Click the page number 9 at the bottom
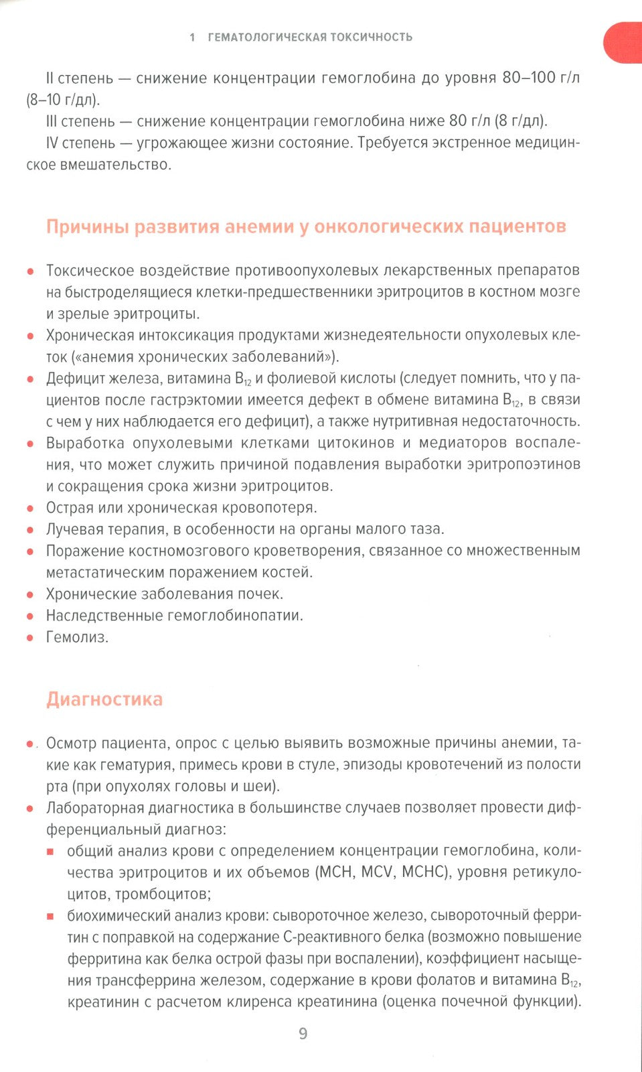tap(303, 1034)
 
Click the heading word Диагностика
tap(104, 699)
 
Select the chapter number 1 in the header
tap(193, 38)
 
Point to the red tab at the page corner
tap(623, 42)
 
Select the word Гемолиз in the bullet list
tap(76, 637)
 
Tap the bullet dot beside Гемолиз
tap(30, 638)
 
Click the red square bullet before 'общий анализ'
tap(50, 852)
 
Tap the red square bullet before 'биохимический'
tap(50, 916)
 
